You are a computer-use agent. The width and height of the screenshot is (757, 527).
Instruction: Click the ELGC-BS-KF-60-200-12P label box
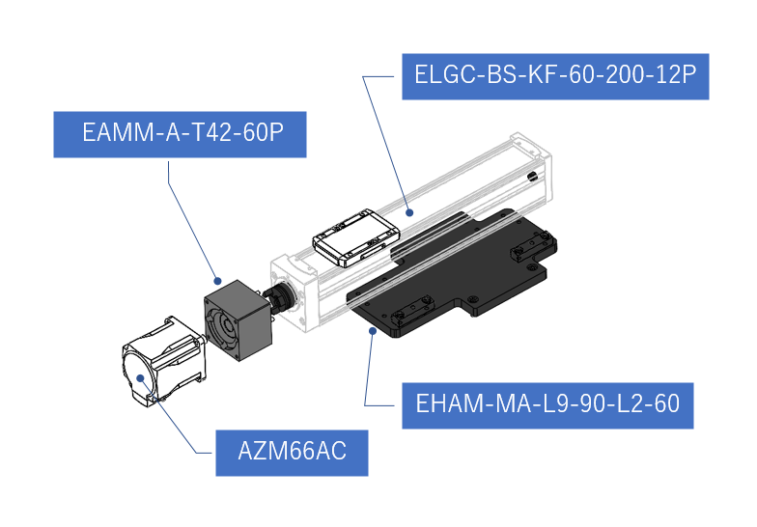tap(555, 76)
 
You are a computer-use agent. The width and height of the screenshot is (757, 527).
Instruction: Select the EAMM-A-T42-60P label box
tap(180, 134)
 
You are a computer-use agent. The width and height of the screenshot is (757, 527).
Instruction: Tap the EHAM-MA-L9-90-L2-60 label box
tap(547, 405)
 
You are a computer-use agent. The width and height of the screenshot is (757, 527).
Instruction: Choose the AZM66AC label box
tap(292, 453)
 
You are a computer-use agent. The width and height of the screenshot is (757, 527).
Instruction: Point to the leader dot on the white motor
tap(141, 378)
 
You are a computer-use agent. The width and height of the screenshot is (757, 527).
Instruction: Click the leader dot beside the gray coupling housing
tap(217, 281)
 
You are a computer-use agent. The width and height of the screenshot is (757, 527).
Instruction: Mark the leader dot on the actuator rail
tap(409, 212)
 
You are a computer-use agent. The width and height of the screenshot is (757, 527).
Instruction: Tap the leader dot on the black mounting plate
tap(373, 330)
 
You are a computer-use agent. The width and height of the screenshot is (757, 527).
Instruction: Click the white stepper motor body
tap(164, 359)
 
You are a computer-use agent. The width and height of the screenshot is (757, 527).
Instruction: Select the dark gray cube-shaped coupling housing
tap(238, 319)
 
